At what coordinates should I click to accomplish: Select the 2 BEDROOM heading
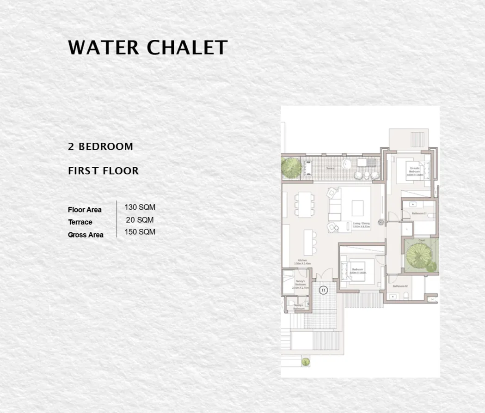[x=100, y=147]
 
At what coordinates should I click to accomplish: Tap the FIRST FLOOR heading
[x=103, y=171]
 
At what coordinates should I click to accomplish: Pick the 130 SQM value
[x=140, y=207]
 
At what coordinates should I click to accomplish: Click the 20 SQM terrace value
[x=140, y=220]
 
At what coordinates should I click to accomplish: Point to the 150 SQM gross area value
[x=140, y=232]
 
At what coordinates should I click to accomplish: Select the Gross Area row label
[x=86, y=235]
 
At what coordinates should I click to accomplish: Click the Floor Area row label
[x=85, y=210]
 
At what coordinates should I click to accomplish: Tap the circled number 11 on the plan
[x=323, y=290]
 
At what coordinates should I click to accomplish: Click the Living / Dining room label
[x=361, y=225]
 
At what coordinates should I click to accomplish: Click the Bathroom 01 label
[x=419, y=213]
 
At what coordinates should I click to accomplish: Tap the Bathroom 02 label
[x=399, y=286]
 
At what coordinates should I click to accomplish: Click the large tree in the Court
[x=418, y=255]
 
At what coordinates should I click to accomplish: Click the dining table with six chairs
[x=303, y=204]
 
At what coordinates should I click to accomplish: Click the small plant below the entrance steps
[x=305, y=361]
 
